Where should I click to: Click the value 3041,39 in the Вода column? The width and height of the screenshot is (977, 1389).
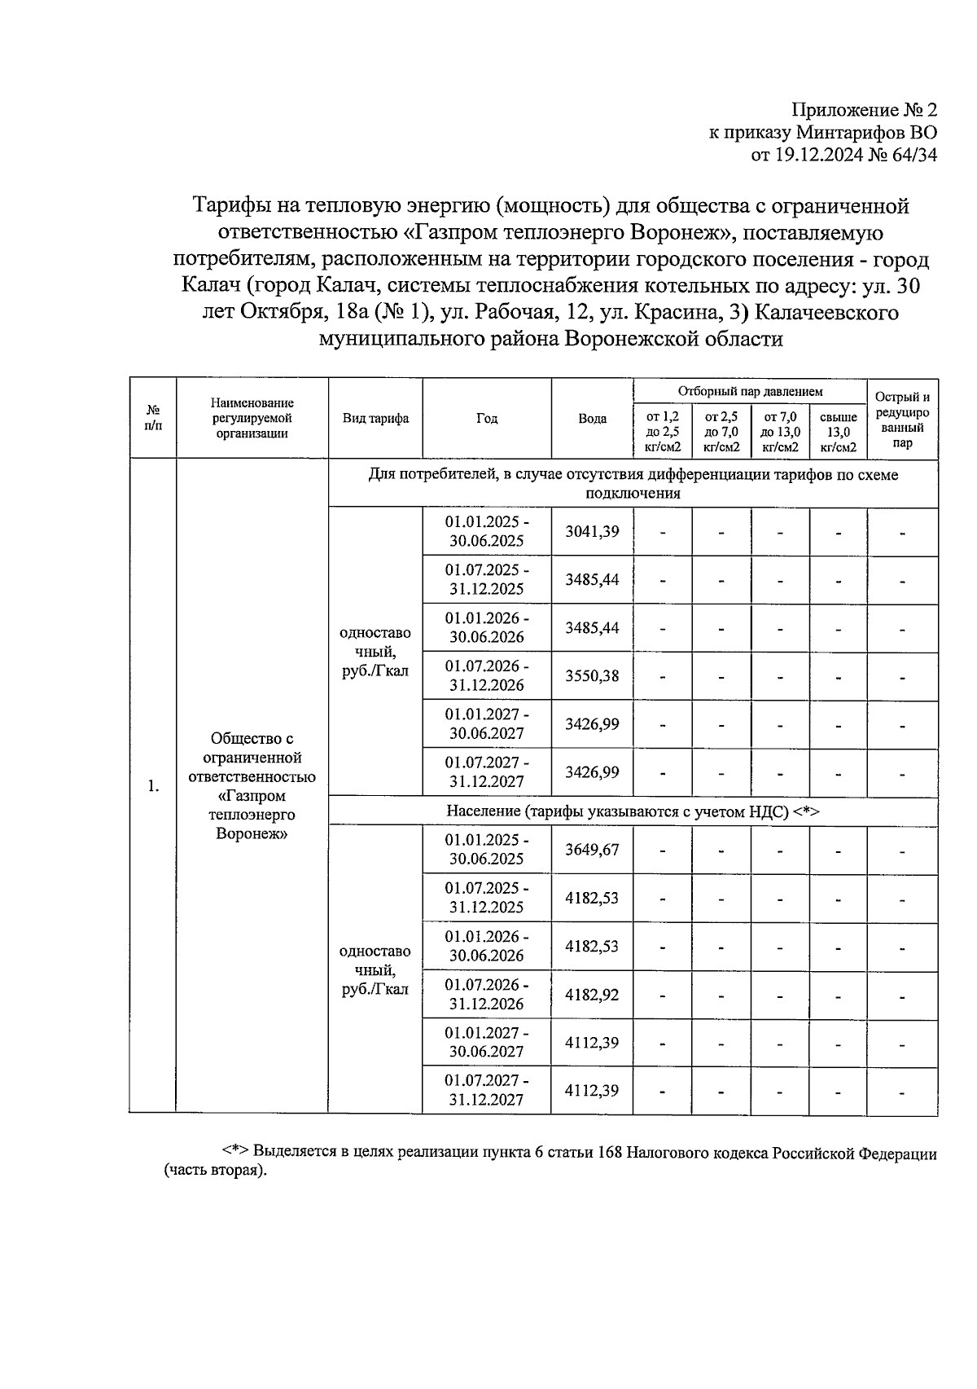click(592, 532)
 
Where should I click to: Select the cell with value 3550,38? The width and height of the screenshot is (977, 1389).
click(592, 675)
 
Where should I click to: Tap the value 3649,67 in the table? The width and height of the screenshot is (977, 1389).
click(592, 850)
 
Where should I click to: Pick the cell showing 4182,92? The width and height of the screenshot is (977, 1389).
click(592, 995)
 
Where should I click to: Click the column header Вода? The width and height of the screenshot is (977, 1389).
click(592, 418)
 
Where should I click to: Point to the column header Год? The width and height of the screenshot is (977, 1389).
click(487, 418)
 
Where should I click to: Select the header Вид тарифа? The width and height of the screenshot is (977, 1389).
click(375, 418)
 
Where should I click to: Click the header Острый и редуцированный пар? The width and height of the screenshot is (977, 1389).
click(902, 420)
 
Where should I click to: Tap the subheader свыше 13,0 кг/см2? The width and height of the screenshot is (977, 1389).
click(838, 432)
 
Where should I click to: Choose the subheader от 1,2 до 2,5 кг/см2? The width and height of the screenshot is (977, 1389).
click(662, 432)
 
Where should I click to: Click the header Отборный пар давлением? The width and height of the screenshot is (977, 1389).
click(750, 392)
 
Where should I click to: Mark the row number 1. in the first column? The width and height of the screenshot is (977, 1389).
click(152, 786)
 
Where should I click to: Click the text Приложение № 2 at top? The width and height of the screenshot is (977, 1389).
click(865, 110)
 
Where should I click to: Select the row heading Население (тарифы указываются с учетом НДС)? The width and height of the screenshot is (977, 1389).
click(632, 811)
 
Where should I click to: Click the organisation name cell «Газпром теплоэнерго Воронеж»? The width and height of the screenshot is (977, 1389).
click(252, 786)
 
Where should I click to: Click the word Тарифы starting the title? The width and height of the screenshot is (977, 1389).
click(227, 205)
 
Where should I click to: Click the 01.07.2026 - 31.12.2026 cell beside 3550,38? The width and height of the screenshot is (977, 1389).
click(487, 675)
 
